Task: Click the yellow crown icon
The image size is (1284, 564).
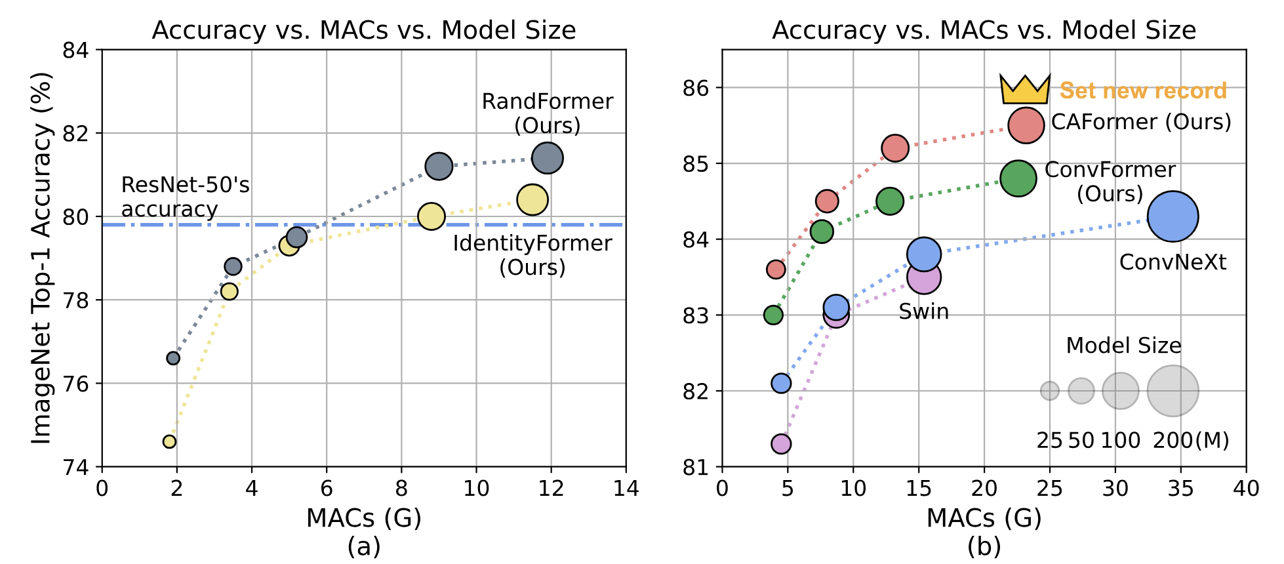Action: [x=1025, y=89]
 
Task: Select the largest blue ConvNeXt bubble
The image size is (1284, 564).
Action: [x=1173, y=216]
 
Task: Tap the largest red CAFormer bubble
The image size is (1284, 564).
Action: [x=1026, y=125]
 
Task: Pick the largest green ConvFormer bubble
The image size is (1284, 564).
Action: [x=1018, y=178]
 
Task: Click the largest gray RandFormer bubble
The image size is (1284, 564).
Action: [x=548, y=158]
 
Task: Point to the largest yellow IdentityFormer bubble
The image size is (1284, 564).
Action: [x=532, y=199]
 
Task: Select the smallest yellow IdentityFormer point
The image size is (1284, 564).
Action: [x=169, y=441]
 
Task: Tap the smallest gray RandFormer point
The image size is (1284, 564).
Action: [x=173, y=358]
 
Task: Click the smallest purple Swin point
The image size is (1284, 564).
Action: [x=780, y=444]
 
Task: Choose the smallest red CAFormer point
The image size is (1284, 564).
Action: [x=776, y=269]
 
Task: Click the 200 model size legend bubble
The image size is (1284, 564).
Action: [x=1173, y=391]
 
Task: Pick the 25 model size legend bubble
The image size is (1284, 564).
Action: [x=1049, y=391]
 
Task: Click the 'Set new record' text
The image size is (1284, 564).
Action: [x=1143, y=91]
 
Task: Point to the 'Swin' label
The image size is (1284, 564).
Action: [x=923, y=312]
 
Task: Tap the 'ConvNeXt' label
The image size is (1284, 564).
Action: [x=1173, y=262]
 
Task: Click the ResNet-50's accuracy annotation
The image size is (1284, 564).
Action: [x=185, y=197]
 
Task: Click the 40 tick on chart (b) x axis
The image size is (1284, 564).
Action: [x=1246, y=489]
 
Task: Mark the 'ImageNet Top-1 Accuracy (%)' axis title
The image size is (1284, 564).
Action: [x=41, y=258]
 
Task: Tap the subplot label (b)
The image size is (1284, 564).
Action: [x=984, y=546]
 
